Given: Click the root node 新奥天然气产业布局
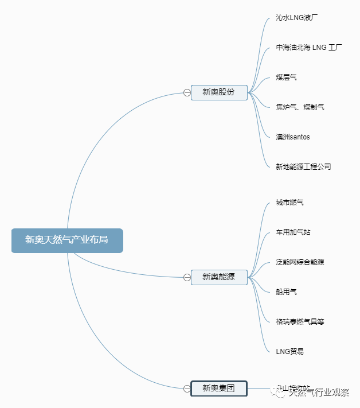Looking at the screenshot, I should coord(67,240).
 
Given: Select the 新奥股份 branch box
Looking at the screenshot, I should coord(219,92).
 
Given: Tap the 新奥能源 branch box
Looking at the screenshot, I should coord(219,278).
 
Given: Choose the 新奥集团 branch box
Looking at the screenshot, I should coord(219,388).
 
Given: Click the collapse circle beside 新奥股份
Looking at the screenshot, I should coord(187,92).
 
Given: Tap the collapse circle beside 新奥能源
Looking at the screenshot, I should coord(187,278).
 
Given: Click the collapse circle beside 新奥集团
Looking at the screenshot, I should coord(187,388).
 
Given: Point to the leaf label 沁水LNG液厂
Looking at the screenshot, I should coord(296,18).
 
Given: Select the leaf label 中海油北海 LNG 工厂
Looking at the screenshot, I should coord(309,48).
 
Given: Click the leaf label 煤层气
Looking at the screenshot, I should coord(286,77).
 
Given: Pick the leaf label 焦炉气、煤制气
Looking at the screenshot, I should coord(300,107).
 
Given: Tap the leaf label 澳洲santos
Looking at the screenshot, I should coord(293,137).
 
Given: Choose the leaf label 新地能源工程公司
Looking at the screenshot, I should coord(303,167).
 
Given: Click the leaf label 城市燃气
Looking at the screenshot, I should coord(289,203).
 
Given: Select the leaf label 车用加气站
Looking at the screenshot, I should coord(293,232).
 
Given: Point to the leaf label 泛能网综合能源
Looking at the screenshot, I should coord(300,262).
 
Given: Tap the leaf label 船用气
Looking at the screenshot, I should coord(286,292).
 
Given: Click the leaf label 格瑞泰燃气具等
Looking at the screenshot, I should coord(300,322).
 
